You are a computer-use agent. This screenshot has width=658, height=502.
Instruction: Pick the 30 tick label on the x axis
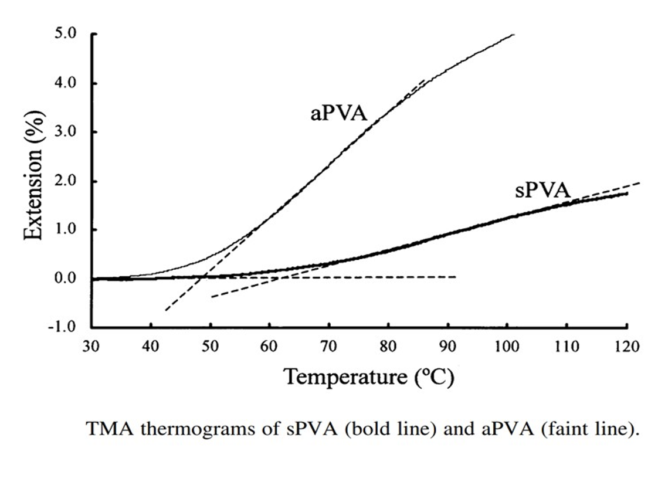[x=91, y=346]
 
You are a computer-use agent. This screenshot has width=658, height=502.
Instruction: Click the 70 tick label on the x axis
[x=329, y=346]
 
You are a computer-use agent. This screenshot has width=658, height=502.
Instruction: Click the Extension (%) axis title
[x=33, y=179]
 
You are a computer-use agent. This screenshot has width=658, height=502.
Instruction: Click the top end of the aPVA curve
[x=514, y=35]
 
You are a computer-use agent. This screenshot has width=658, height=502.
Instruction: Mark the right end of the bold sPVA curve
[x=627, y=193]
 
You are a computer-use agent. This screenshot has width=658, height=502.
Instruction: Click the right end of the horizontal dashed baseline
[x=456, y=277]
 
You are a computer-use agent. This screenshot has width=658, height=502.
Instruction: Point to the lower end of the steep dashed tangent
[x=165, y=310]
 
